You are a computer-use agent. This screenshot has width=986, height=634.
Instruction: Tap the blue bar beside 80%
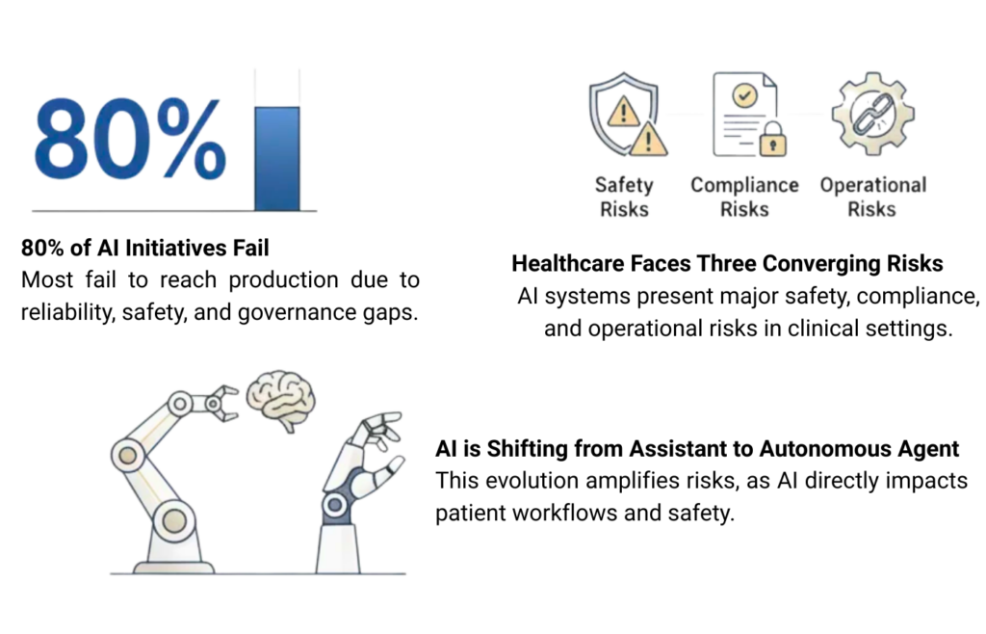(x=277, y=158)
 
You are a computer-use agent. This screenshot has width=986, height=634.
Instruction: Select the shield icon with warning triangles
(x=628, y=114)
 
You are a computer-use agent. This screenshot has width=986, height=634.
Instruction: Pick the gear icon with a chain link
(x=872, y=114)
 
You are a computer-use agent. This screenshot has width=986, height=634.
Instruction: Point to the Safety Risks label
(x=624, y=197)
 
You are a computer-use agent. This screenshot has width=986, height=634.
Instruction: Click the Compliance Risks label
(x=744, y=197)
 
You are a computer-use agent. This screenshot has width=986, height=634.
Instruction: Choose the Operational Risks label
(x=872, y=197)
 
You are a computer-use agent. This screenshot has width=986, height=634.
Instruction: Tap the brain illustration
(x=280, y=400)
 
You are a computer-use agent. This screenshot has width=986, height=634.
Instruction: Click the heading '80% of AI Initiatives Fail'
(x=145, y=248)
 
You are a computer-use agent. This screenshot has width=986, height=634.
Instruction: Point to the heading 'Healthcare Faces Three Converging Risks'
(x=727, y=264)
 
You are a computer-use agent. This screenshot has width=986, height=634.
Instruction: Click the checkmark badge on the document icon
(x=745, y=95)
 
